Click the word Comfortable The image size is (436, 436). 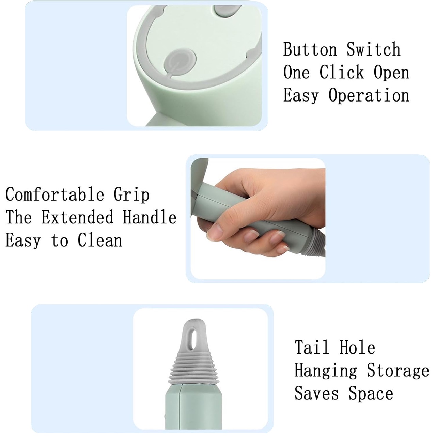(55, 194)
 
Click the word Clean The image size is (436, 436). (100, 240)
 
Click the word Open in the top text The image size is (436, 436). (391, 73)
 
